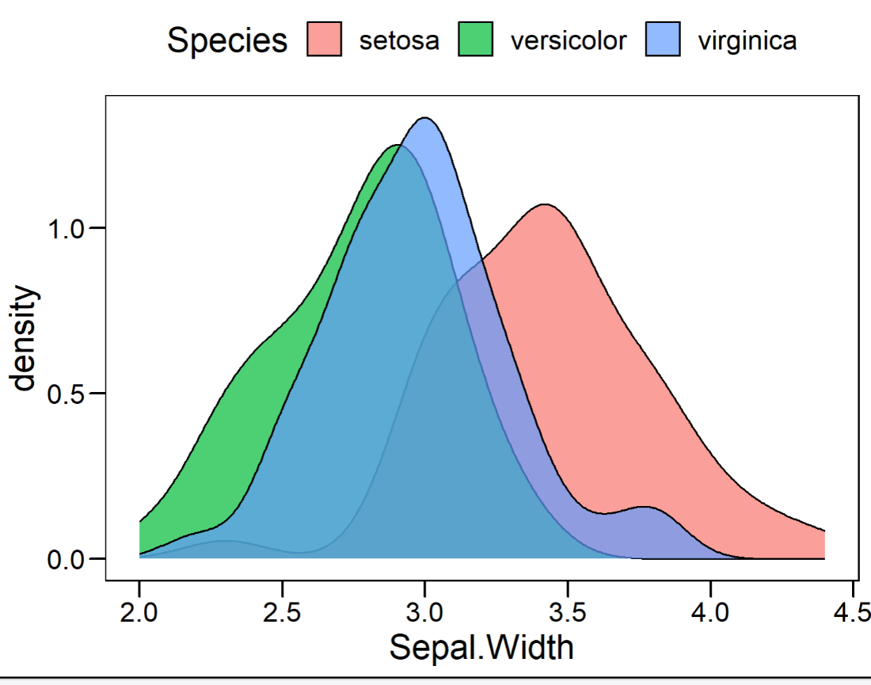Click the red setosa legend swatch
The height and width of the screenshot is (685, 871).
324,39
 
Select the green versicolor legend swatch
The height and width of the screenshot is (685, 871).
475,39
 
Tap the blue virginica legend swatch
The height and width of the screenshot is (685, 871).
662,39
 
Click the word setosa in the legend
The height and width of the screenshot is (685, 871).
398,40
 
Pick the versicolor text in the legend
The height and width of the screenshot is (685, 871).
569,40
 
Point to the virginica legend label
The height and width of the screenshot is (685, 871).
747,40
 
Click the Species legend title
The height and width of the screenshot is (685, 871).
227,40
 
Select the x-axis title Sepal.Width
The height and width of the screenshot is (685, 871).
481,647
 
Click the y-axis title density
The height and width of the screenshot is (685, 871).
25,339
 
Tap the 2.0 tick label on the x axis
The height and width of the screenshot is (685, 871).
139,613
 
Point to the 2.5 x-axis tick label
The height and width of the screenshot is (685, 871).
282,613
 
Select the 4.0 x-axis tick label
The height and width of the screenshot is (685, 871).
710,613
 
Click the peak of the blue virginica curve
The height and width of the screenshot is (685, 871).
425,118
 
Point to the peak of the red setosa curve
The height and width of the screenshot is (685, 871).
545,204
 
